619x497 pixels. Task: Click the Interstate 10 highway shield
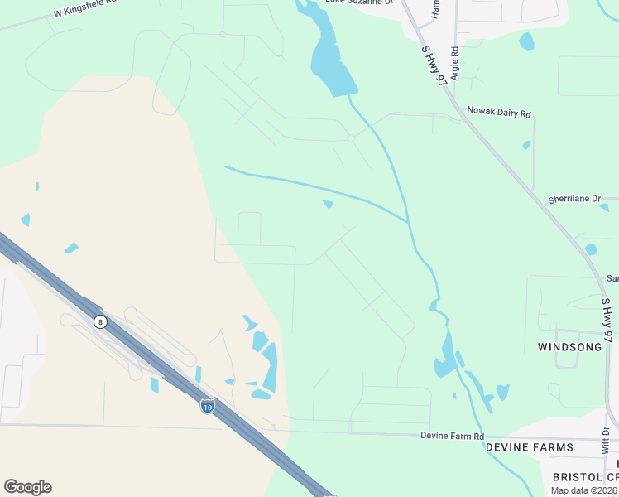[208, 406]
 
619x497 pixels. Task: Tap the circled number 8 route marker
[100, 321]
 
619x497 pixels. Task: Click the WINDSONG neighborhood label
[570, 347]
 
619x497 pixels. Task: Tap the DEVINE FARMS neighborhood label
[529, 447]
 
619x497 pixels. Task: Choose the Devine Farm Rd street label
[450, 435]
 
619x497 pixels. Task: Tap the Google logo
[27, 487]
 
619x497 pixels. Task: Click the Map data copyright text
[584, 490]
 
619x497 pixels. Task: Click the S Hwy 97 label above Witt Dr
[607, 320]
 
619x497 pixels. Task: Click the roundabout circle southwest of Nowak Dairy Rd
[352, 138]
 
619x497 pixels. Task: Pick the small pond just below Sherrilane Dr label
[590, 249]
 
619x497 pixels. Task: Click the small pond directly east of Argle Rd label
[526, 41]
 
